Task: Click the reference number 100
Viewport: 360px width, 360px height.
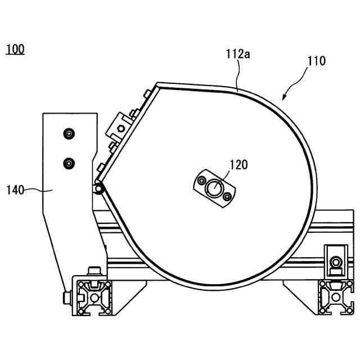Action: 15,49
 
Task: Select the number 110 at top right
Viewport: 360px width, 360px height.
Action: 316,61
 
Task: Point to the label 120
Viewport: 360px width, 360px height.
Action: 237,165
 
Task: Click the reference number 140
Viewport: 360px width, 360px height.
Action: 15,190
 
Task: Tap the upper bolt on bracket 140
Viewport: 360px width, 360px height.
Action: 69,134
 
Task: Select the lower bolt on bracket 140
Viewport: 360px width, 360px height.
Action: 69,163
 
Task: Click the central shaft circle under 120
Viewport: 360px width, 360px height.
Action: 214,188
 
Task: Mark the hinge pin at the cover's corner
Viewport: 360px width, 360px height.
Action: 100,189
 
